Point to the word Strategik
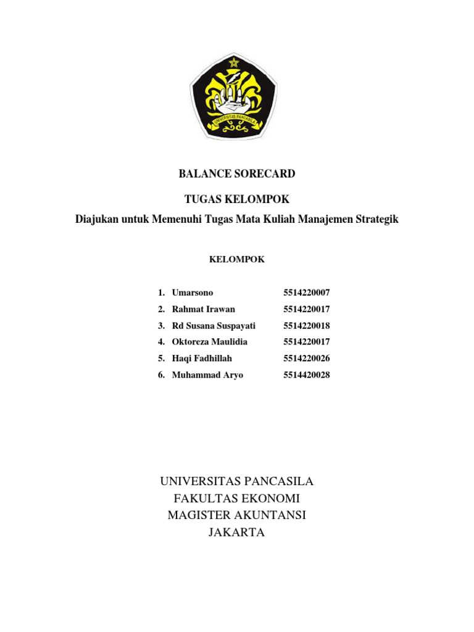[x=374, y=219]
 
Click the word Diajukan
[x=97, y=219]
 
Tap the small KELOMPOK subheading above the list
[x=237, y=260]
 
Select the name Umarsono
[x=193, y=293]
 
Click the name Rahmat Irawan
[x=204, y=309]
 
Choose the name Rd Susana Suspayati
[x=214, y=326]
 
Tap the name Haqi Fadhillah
[x=203, y=359]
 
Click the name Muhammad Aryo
[x=207, y=375]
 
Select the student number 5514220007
[x=307, y=293]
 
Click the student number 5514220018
[x=307, y=326]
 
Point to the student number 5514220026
[x=307, y=359]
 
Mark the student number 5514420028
[x=307, y=375]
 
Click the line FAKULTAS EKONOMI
[x=237, y=499]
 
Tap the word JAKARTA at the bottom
[x=237, y=533]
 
